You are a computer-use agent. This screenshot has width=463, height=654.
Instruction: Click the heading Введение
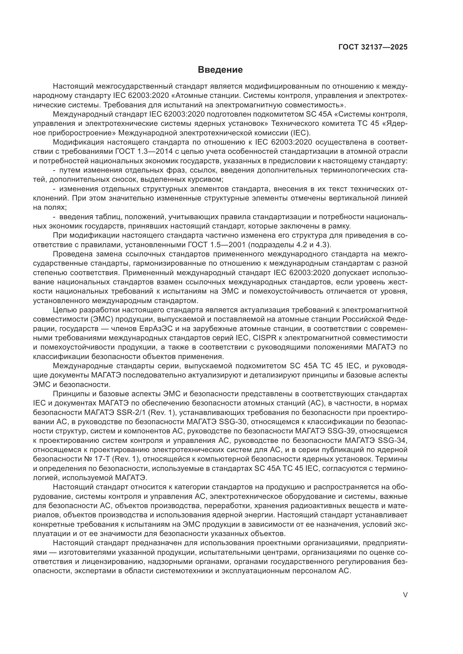[220, 70]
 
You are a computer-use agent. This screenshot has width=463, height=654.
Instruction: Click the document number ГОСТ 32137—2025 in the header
[373, 47]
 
